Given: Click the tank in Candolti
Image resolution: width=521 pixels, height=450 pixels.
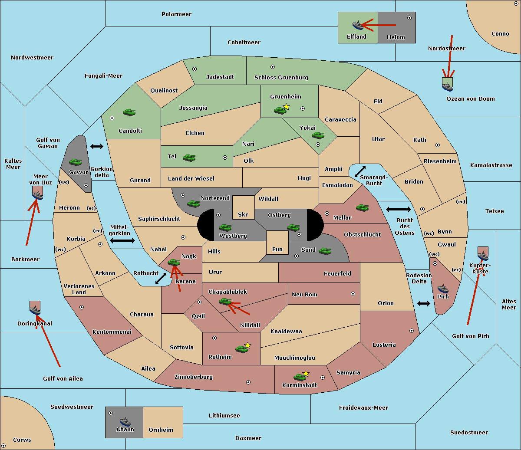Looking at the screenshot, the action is pyautogui.click(x=129, y=112).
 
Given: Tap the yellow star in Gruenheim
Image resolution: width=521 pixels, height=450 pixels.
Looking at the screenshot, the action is pyautogui.click(x=287, y=107).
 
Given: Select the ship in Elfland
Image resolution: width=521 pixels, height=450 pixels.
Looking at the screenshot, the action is pyautogui.click(x=358, y=25).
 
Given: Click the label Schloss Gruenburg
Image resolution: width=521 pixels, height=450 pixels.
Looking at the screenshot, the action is pyautogui.click(x=281, y=77).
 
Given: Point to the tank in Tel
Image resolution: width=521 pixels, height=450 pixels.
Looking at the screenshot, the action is pyautogui.click(x=189, y=158).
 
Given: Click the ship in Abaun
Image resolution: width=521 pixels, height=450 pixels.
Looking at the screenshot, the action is pyautogui.click(x=125, y=422).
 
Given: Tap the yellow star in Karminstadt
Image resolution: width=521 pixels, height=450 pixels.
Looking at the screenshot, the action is pyautogui.click(x=306, y=373).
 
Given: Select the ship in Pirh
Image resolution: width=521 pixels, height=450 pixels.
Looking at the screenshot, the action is pyautogui.click(x=443, y=289).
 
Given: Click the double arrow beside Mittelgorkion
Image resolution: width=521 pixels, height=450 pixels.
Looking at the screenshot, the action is pyautogui.click(x=122, y=240).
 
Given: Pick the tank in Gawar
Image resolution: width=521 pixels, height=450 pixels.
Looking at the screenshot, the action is pyautogui.click(x=76, y=162).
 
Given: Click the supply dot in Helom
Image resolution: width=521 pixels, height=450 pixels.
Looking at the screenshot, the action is pyautogui.click(x=409, y=18).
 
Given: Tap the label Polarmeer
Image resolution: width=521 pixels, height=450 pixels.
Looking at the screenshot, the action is pyautogui.click(x=176, y=14).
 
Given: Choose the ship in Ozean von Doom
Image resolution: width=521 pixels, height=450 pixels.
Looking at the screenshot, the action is pyautogui.click(x=447, y=87).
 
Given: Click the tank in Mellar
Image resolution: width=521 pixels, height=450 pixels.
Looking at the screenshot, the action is pyautogui.click(x=363, y=207).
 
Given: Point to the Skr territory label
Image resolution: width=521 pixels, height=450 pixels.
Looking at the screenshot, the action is pyautogui.click(x=243, y=214).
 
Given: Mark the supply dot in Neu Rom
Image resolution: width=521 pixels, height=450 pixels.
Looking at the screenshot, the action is pyautogui.click(x=353, y=294).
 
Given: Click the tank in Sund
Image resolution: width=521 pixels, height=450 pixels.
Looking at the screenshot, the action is pyautogui.click(x=325, y=251).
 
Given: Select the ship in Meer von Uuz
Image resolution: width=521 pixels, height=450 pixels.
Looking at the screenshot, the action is pyautogui.click(x=38, y=195).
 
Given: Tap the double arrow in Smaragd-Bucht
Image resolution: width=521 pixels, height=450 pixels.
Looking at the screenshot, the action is pyautogui.click(x=360, y=171).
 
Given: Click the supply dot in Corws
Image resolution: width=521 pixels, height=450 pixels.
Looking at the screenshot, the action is pyautogui.click(x=3, y=446).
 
